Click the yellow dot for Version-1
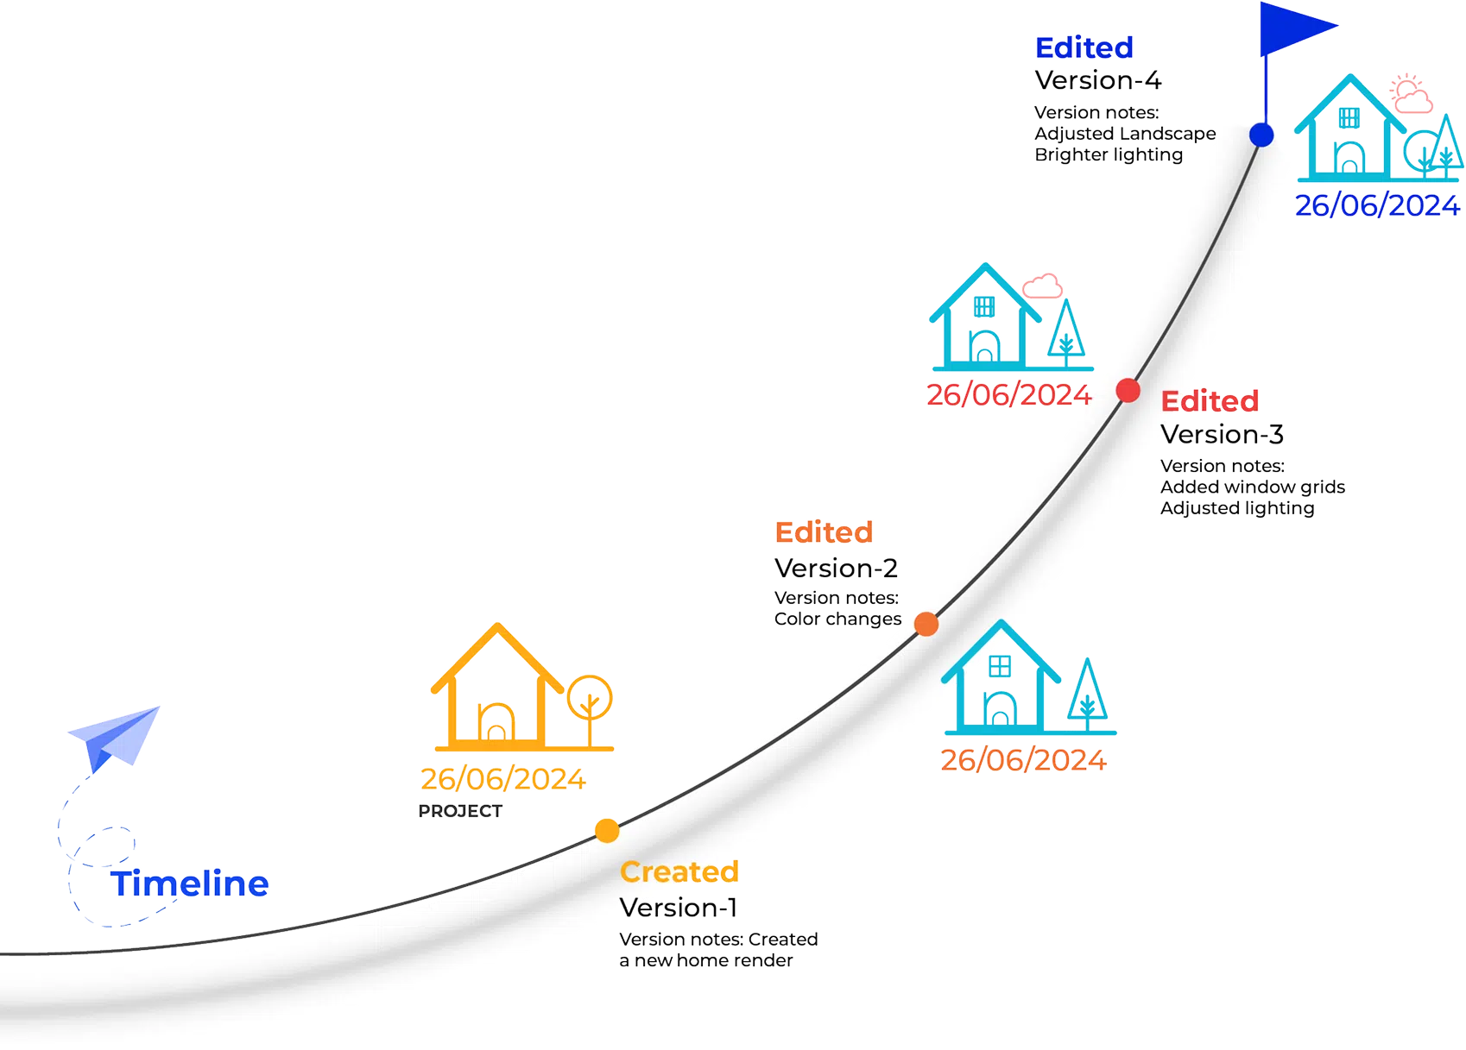607,831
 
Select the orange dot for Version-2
926,624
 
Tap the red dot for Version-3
1128,391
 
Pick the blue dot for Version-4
1261,135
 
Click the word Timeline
189,883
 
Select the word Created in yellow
679,871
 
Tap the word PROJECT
460,811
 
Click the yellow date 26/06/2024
502,778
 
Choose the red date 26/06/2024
1008,394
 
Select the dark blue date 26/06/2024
1377,205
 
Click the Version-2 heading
836,568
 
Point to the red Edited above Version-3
1210,401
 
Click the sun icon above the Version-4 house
1405,85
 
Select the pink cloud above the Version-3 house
1042,286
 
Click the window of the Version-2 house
1000,667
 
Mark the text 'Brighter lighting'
1109,155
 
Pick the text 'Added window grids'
1253,487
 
